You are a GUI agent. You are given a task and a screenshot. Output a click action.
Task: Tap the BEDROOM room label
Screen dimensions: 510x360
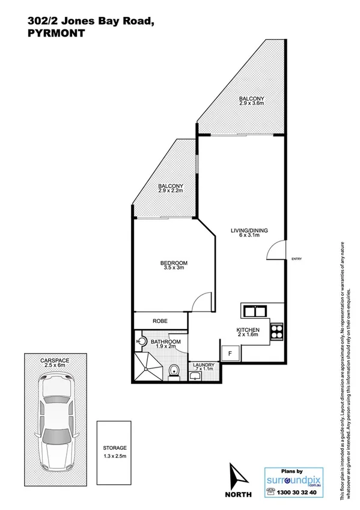tap(174, 263)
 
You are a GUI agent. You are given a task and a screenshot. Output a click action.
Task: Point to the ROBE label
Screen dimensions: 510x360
tap(160, 321)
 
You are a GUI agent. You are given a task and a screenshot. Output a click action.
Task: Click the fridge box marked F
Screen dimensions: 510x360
tap(229, 354)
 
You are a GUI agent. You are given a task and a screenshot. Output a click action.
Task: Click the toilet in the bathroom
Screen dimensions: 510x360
tap(174, 370)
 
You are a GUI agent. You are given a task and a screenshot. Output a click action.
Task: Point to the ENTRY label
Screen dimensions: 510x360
tap(296, 259)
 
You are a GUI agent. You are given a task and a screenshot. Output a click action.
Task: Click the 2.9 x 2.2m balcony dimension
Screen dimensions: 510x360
tap(171, 191)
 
